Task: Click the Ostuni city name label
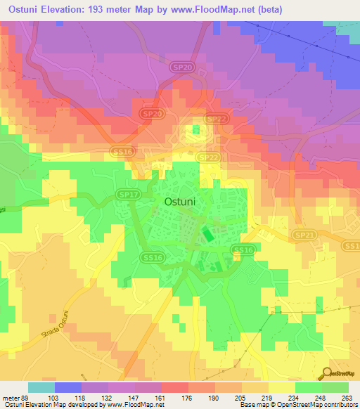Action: coord(184,200)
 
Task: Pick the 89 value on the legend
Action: coord(27,398)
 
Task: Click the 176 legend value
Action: coord(188,398)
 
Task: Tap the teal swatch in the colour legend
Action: coord(41,387)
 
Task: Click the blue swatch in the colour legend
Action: coord(67,387)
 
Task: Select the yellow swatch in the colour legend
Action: coord(281,387)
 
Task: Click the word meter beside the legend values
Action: coord(11,398)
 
